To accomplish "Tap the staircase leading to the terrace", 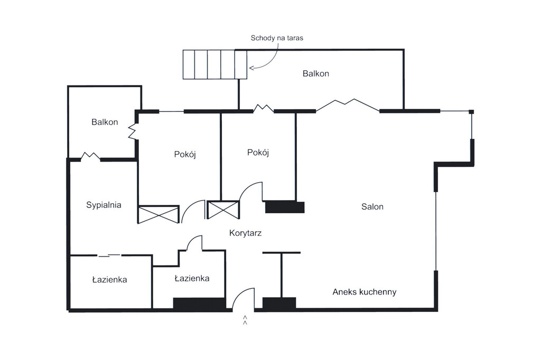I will click(214, 64).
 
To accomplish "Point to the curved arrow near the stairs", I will click(267, 58).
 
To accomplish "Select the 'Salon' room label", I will click(372, 207).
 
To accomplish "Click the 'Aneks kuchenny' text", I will click(364, 292).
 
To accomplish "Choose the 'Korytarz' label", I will click(246, 233).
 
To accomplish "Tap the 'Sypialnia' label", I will click(104, 205).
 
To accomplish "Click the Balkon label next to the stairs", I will click(315, 74).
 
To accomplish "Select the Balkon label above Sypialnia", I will click(105, 122).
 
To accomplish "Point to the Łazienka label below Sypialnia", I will click(109, 280).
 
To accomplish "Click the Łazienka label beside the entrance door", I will click(192, 278).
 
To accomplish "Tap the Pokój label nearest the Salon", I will click(258, 153).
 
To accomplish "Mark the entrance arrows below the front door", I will click(245, 320).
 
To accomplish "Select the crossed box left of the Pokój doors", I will click(158, 214).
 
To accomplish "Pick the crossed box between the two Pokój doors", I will click(223, 210).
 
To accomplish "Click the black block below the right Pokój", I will click(284, 207).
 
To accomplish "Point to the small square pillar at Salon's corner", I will click(471, 111).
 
